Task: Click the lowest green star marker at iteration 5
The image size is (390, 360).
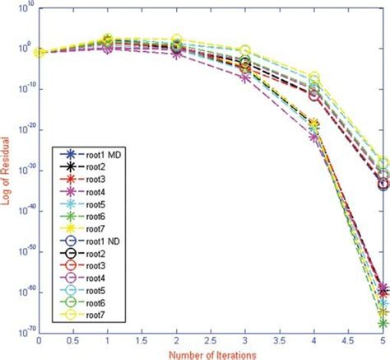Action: click(x=383, y=324)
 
